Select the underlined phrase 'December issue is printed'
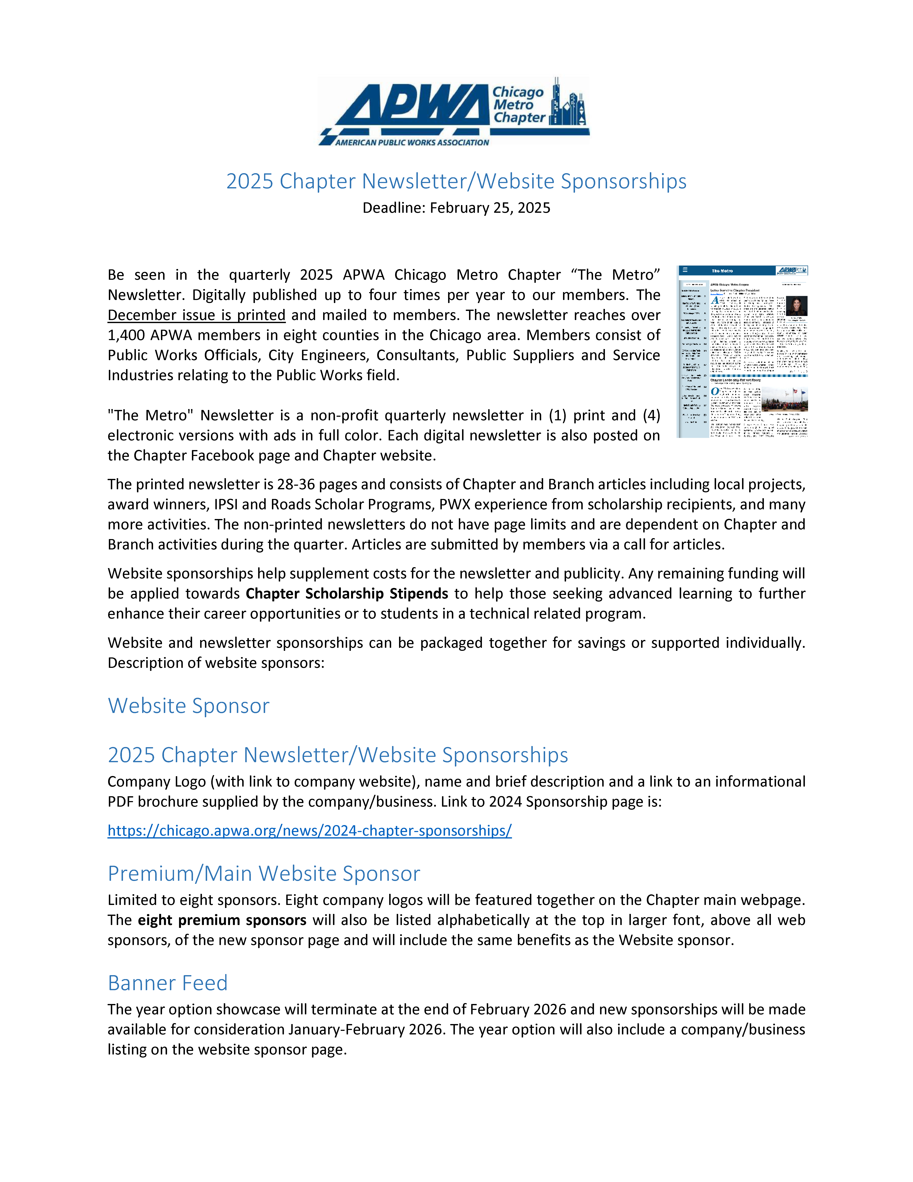click(196, 315)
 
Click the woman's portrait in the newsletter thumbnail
click(796, 306)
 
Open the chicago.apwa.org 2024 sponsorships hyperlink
click(309, 831)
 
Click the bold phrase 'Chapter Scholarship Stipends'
click(347, 594)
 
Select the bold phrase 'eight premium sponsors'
click(222, 920)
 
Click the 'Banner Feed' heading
click(168, 983)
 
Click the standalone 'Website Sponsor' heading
click(188, 706)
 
